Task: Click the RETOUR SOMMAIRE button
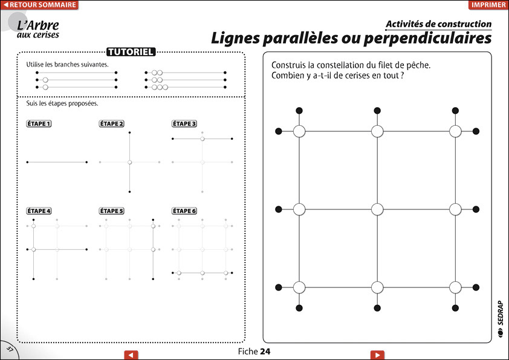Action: pos(39,5)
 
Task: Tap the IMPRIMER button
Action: pos(488,5)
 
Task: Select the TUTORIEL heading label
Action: pos(131,52)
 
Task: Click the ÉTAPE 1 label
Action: pos(39,123)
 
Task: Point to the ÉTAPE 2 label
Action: pos(111,123)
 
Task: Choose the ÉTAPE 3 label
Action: pos(184,123)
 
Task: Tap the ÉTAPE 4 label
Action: pos(39,211)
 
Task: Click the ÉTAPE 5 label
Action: pos(111,211)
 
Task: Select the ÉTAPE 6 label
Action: pos(184,211)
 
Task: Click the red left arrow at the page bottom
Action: pos(131,355)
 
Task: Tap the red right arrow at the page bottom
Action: pos(377,355)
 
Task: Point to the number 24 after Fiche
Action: pos(265,352)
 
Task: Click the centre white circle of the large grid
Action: pos(377,209)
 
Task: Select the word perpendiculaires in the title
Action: pos(427,38)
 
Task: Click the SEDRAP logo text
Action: pos(501,313)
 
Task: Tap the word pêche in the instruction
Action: pos(418,65)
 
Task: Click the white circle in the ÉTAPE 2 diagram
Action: pos(129,162)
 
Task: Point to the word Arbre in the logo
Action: pos(42,25)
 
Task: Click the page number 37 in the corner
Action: pos(10,350)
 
